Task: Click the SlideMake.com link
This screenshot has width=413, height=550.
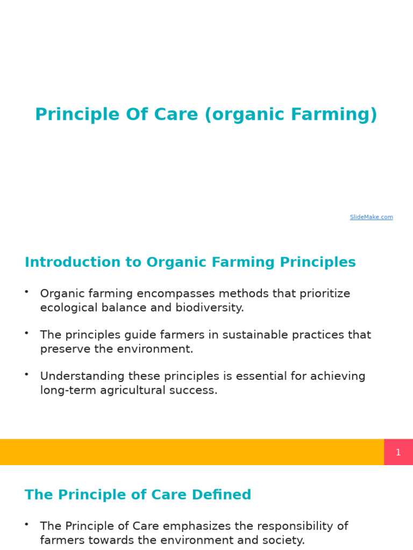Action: coord(371,217)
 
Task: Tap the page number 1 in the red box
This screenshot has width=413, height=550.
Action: coord(398,452)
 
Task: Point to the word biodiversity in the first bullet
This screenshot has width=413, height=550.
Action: coord(209,308)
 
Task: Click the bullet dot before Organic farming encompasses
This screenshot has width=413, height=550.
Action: coord(26,291)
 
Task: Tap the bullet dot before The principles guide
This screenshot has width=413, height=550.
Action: coord(26,332)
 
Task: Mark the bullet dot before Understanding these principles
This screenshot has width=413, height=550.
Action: coord(26,374)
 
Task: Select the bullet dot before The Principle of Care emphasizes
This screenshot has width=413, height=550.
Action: coord(26,524)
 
